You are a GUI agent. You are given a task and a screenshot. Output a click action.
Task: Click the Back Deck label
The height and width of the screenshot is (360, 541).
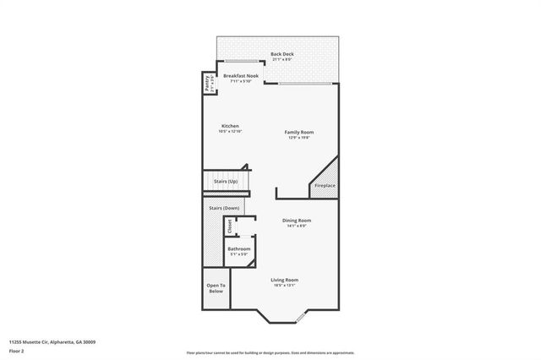tap(281, 54)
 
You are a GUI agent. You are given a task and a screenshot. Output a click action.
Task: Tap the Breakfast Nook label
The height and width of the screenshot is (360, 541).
tap(241, 76)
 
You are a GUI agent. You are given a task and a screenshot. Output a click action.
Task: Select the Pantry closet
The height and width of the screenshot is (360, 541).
tap(207, 84)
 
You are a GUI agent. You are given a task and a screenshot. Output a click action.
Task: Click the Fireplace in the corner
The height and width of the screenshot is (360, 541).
tap(325, 185)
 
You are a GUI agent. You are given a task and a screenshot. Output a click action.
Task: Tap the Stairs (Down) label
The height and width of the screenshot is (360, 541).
tap(224, 208)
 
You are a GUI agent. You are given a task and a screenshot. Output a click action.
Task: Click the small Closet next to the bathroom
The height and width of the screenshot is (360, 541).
tap(229, 226)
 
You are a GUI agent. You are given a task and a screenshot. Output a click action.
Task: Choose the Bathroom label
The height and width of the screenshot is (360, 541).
tap(238, 249)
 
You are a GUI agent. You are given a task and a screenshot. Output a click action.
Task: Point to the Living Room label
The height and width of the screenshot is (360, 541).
tap(284, 280)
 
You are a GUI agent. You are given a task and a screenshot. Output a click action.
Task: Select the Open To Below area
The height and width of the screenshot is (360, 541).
tap(216, 288)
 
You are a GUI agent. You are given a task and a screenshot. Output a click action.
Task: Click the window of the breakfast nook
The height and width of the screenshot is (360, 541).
tap(240, 62)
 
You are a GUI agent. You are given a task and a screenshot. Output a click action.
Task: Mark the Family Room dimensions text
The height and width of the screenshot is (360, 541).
tap(299, 138)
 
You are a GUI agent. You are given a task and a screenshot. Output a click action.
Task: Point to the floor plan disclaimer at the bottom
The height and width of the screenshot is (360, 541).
tap(270, 353)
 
